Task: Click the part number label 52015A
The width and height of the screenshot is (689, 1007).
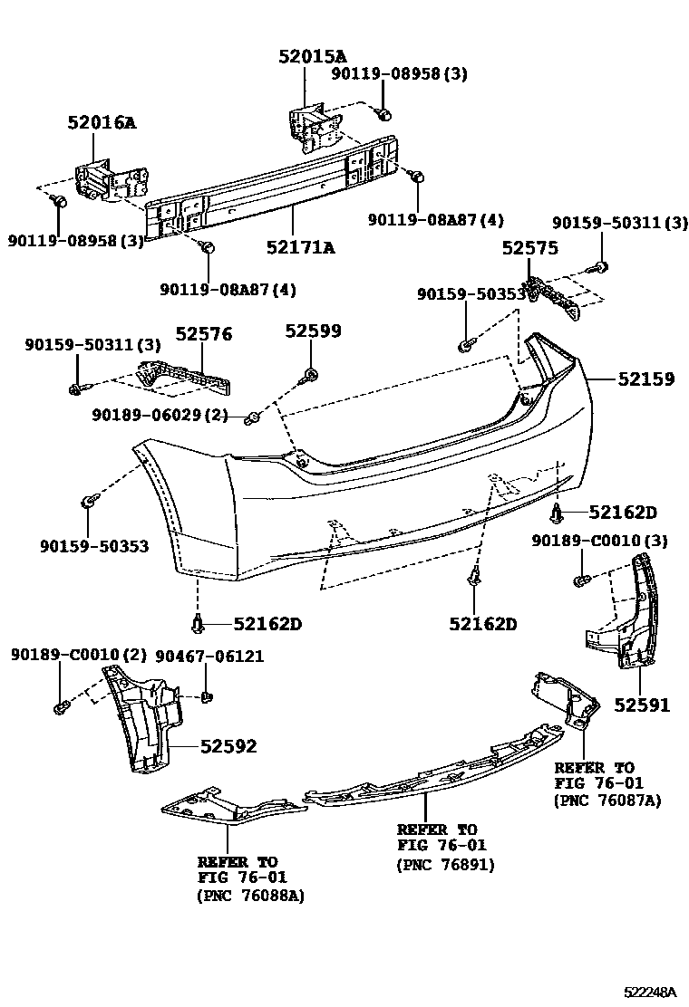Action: pos(312,56)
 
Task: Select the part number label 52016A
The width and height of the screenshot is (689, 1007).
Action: pos(101,122)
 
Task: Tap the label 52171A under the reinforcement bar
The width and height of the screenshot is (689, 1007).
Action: pos(300,247)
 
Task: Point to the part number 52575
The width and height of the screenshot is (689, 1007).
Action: pos(530,247)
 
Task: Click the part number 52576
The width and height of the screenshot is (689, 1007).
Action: pos(203,334)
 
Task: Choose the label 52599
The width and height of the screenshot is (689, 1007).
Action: pos(313,331)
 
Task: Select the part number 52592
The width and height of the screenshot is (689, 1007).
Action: pos(228,746)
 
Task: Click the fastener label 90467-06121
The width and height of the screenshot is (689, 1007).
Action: pos(209,656)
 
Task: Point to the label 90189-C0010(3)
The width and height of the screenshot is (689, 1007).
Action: pos(598,541)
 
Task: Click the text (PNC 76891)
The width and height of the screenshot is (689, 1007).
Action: pos(445,865)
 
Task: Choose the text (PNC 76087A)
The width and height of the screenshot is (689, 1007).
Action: pos(607,801)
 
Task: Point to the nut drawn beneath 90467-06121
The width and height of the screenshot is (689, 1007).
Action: pos(206,696)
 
